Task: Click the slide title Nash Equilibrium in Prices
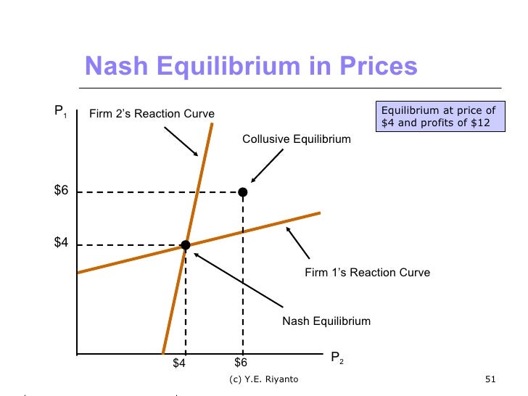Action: point(251,67)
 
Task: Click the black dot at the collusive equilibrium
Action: point(243,192)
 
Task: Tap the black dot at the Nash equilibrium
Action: point(186,245)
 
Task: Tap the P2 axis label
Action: point(337,358)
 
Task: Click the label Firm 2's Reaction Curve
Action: point(152,114)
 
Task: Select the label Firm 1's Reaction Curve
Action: point(368,273)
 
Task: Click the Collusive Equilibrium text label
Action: point(296,139)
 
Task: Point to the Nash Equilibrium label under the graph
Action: point(326,321)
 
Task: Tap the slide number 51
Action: point(489,380)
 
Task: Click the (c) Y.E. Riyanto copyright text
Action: point(263,380)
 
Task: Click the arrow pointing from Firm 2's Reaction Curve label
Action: point(181,141)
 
